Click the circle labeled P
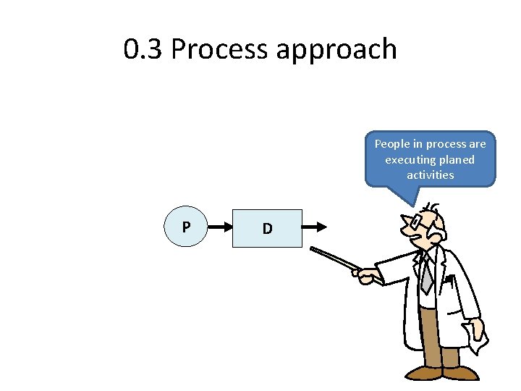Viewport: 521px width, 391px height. pyautogui.click(x=186, y=228)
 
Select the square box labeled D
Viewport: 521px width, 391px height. pyautogui.click(x=267, y=229)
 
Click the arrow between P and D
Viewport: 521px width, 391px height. pyautogui.click(x=219, y=228)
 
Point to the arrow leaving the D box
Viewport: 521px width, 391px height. pyautogui.click(x=314, y=228)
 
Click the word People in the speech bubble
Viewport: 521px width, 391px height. pyautogui.click(x=391, y=144)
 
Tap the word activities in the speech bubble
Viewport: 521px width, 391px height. pyautogui.click(x=431, y=175)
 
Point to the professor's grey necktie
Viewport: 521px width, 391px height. pyautogui.click(x=428, y=275)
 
